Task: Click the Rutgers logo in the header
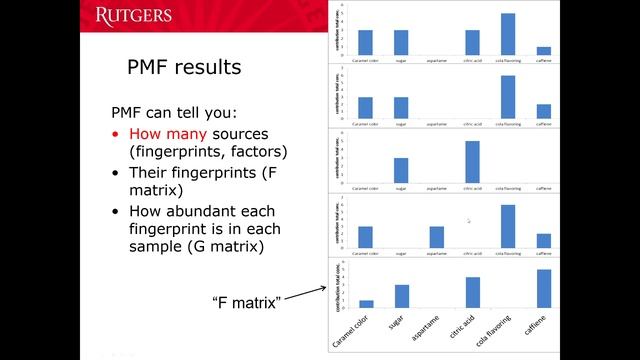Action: pyautogui.click(x=133, y=15)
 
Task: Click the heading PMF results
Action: pyautogui.click(x=183, y=68)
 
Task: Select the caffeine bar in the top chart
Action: pyautogui.click(x=543, y=50)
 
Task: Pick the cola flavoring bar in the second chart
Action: pyautogui.click(x=507, y=97)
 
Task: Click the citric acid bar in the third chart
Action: pyautogui.click(x=472, y=162)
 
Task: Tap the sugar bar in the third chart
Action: pyautogui.click(x=401, y=171)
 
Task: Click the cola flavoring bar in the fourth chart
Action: pyautogui.click(x=507, y=225)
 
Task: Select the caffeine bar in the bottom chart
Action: pyautogui.click(x=543, y=288)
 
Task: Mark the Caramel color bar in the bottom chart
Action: pyautogui.click(x=366, y=303)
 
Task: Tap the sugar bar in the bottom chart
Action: pyautogui.click(x=401, y=296)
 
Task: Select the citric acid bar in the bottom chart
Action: pyautogui.click(x=472, y=292)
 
